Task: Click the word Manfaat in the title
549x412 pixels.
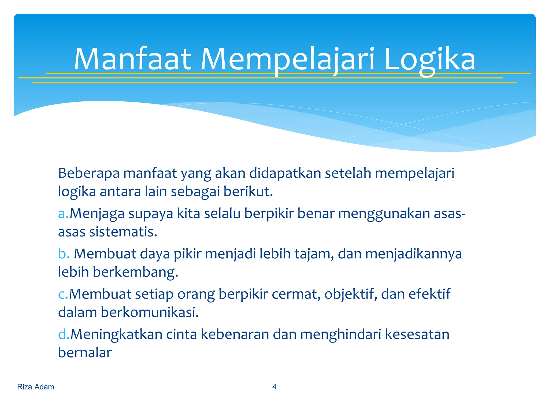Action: tap(132, 59)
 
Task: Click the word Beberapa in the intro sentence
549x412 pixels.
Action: tap(88, 173)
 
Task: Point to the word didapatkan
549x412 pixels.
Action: tap(285, 173)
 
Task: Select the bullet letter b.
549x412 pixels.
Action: tap(64, 254)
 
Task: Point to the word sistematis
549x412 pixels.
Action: tap(123, 232)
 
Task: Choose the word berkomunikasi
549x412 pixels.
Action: tap(150, 312)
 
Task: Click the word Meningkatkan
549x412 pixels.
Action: tap(116, 334)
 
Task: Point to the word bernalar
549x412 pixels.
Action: tap(85, 353)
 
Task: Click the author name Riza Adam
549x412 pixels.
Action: tap(36, 387)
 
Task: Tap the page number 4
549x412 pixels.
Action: tap(274, 387)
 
